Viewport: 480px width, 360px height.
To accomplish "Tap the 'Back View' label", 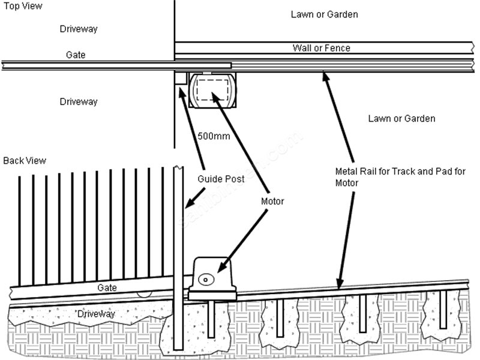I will click(25, 161).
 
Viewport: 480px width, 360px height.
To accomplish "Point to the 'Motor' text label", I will click(272, 202).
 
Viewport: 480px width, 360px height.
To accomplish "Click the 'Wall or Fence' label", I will click(321, 48).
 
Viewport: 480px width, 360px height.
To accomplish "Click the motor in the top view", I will click(212, 90).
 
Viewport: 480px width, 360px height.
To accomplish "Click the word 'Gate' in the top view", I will click(76, 55).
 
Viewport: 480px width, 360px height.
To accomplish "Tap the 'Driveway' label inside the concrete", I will click(95, 314).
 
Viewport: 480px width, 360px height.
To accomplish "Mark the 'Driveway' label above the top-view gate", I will click(79, 29).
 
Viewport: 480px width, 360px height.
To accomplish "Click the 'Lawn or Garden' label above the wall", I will click(325, 14).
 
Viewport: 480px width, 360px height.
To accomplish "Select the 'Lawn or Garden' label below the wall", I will click(401, 119).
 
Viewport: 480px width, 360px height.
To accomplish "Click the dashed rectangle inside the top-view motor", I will click(212, 89).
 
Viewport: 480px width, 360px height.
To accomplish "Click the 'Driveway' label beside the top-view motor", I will click(79, 102).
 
